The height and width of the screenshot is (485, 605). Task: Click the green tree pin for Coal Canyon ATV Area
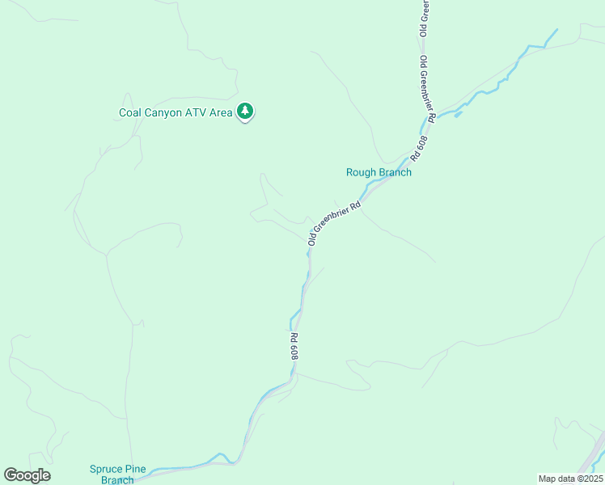[245, 112]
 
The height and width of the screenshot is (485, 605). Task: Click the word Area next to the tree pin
[222, 112]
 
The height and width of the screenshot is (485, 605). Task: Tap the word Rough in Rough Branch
[362, 172]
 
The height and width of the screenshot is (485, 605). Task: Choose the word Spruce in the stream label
[106, 469]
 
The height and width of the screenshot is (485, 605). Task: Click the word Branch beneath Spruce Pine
[117, 480]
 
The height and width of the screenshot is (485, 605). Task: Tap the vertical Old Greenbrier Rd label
[428, 90]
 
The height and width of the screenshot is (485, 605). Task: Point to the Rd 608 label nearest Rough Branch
[418, 145]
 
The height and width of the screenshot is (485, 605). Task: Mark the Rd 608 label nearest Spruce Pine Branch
[294, 346]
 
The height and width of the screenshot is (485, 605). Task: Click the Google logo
[27, 475]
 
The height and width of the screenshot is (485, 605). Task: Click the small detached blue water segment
[458, 114]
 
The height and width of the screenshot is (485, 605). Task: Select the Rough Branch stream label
[379, 172]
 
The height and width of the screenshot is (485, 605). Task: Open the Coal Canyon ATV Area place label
[176, 112]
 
